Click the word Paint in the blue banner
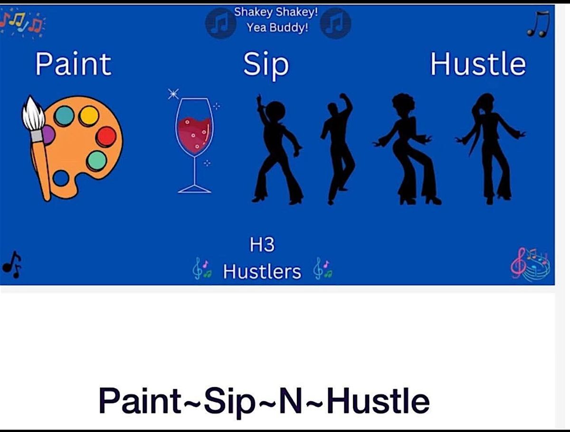pos(73,65)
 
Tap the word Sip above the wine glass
pos(266,66)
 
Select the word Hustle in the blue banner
pos(478,65)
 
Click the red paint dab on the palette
pos(105,137)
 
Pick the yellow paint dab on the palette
pos(89,116)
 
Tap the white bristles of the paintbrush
pos(33,114)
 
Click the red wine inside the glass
pos(194,134)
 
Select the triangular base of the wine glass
pos(194,188)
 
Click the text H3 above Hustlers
pos(262,245)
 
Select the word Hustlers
pos(262,272)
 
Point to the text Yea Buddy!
pos(277,28)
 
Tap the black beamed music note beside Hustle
pos(539,25)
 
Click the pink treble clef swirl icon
pos(530,264)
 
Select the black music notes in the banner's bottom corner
pos(12,264)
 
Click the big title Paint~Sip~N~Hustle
pos(264,400)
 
